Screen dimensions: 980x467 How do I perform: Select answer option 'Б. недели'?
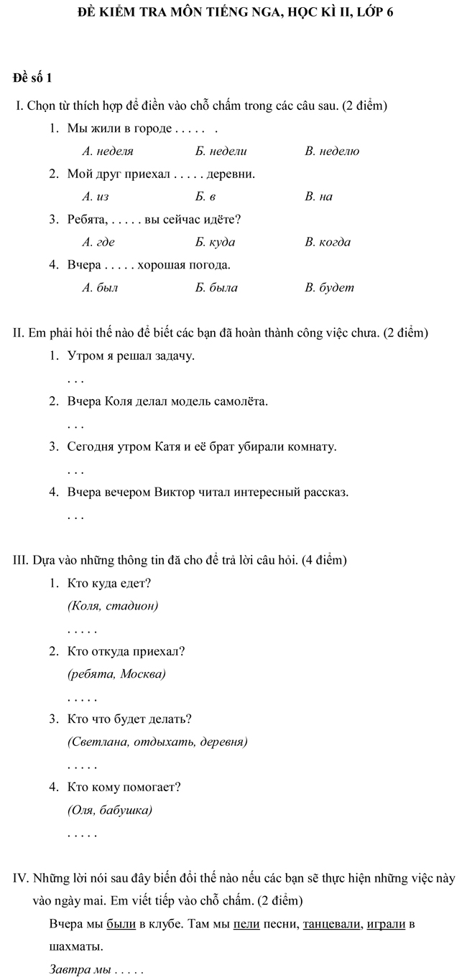click(221, 151)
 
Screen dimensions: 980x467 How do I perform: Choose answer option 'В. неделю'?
click(332, 151)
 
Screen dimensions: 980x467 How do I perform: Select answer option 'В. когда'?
click(328, 242)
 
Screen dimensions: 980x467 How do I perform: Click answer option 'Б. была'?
click(216, 288)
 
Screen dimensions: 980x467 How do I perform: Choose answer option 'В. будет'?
click(329, 288)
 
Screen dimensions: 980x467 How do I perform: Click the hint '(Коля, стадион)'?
click(112, 606)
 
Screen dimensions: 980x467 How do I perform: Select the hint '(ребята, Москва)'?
click(116, 674)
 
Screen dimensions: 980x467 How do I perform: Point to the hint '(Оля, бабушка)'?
click(109, 811)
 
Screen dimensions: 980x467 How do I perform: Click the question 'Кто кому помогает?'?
click(124, 787)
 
